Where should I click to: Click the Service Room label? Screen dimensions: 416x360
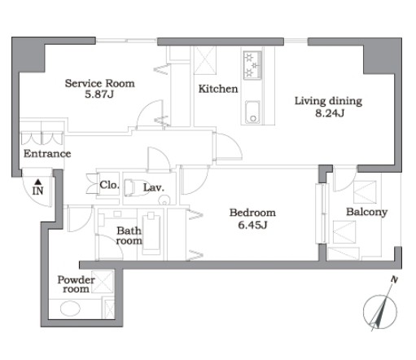[100, 83]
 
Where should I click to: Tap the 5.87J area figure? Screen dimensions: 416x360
[99, 94]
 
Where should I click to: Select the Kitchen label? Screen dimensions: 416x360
[218, 89]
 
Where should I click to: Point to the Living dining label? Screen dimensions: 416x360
[328, 101]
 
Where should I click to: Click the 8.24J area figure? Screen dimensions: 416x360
[330, 113]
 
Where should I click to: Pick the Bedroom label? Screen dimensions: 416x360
[252, 213]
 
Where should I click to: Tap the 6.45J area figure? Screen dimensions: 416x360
[252, 225]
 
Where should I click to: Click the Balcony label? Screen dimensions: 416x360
[366, 212]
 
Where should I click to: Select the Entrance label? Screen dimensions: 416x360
[47, 154]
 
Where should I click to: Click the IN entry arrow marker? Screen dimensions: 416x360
[38, 182]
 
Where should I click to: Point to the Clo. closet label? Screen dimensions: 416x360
[109, 185]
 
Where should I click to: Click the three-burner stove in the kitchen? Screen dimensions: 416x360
[252, 65]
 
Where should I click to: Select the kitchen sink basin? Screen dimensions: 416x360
[252, 112]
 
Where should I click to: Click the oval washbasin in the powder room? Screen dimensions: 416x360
[70, 309]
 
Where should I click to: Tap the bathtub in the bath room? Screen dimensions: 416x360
[151, 234]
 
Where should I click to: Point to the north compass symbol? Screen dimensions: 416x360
[380, 311]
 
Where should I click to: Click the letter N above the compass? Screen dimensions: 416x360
[394, 279]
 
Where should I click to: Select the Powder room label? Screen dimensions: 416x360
[76, 284]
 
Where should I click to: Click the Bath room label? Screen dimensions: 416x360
[129, 235]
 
